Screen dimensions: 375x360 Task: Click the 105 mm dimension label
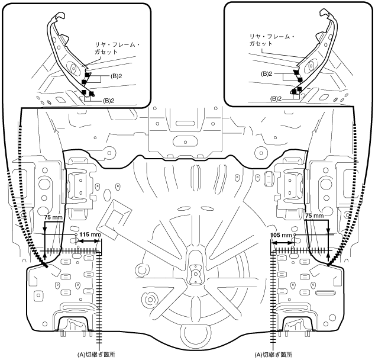click(x=282, y=235)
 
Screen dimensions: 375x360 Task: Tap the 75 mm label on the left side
click(x=53, y=217)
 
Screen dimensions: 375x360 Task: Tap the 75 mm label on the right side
click(x=315, y=216)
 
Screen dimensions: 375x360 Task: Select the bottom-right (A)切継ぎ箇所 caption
click(x=273, y=354)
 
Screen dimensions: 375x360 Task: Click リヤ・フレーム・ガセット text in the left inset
click(x=117, y=49)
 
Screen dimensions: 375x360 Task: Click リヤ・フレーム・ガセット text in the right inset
click(x=272, y=40)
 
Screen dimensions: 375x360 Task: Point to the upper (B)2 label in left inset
click(x=117, y=76)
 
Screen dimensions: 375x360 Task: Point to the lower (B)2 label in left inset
click(x=109, y=101)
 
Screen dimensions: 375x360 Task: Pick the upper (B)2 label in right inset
click(x=267, y=74)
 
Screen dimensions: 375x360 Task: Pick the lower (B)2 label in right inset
click(x=276, y=99)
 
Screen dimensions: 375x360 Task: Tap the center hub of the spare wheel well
click(x=196, y=272)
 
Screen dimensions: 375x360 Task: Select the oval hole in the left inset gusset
click(x=73, y=68)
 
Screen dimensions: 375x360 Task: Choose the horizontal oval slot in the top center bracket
click(x=185, y=124)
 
